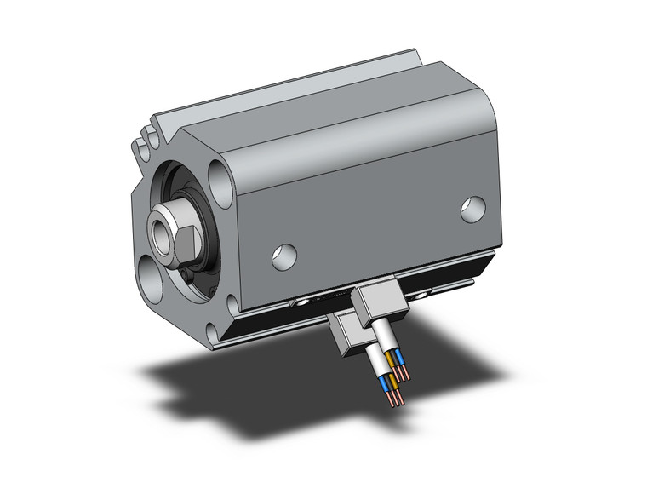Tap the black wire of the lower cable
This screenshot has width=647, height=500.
click(393, 391)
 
